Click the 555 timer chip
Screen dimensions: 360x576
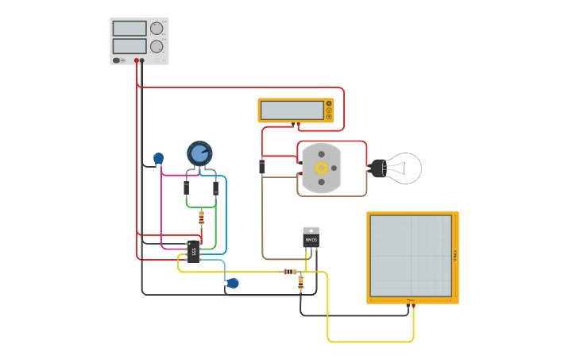point(193,251)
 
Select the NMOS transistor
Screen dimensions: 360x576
point(311,238)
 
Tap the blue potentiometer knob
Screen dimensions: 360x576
point(199,153)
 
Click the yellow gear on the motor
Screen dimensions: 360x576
point(321,168)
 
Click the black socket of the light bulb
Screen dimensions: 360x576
point(378,168)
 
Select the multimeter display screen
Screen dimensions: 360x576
point(292,110)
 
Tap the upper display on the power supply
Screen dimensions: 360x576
point(130,29)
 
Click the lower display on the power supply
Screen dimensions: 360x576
point(130,46)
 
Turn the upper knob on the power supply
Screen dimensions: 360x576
point(157,29)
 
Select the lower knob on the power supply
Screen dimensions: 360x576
point(157,46)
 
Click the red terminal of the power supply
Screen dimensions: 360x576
point(137,60)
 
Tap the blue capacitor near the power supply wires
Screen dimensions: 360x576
point(158,158)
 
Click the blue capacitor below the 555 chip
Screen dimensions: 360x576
point(233,283)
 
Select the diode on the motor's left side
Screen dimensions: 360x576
point(261,166)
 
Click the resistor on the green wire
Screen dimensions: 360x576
point(201,215)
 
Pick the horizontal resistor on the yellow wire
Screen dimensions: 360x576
point(289,272)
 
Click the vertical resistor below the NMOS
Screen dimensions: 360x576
point(300,280)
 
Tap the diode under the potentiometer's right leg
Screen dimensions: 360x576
point(215,188)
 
